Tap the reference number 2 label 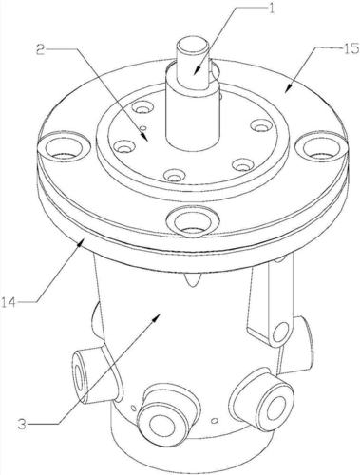pyautogui.click(x=40, y=50)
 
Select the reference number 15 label pyautogui.click(x=351, y=48)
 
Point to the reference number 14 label pyautogui.click(x=9, y=302)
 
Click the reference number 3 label pyautogui.click(x=22, y=424)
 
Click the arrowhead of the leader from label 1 pyautogui.click(x=196, y=70)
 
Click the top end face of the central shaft pyautogui.click(x=192, y=47)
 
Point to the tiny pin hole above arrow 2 pyautogui.click(x=143, y=128)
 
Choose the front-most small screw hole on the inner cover pyautogui.click(x=173, y=175)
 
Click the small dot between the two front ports pyautogui.click(x=215, y=421)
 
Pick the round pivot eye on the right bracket pyautogui.click(x=280, y=333)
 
